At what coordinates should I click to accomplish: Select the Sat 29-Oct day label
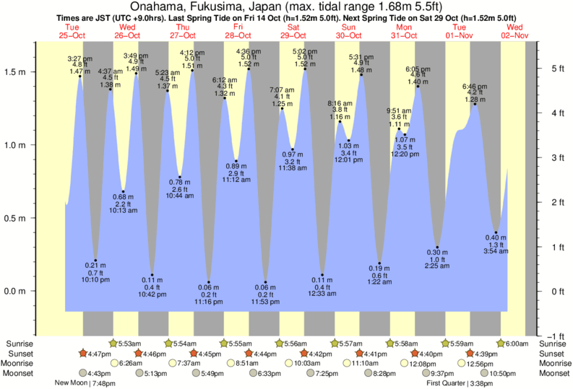293,31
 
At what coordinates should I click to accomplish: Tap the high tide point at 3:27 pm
80,76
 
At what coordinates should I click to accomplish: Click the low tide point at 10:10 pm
95,261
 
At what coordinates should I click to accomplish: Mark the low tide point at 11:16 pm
209,282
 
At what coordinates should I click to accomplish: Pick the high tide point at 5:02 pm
305,69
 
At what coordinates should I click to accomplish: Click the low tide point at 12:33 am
322,275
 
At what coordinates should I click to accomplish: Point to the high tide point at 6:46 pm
475,104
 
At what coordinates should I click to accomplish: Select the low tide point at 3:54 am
496,232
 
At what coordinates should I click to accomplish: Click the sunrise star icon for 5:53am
113,344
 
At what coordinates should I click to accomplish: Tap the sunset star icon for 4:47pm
84,354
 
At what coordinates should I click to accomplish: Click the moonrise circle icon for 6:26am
113,363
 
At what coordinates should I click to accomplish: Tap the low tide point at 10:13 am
124,191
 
